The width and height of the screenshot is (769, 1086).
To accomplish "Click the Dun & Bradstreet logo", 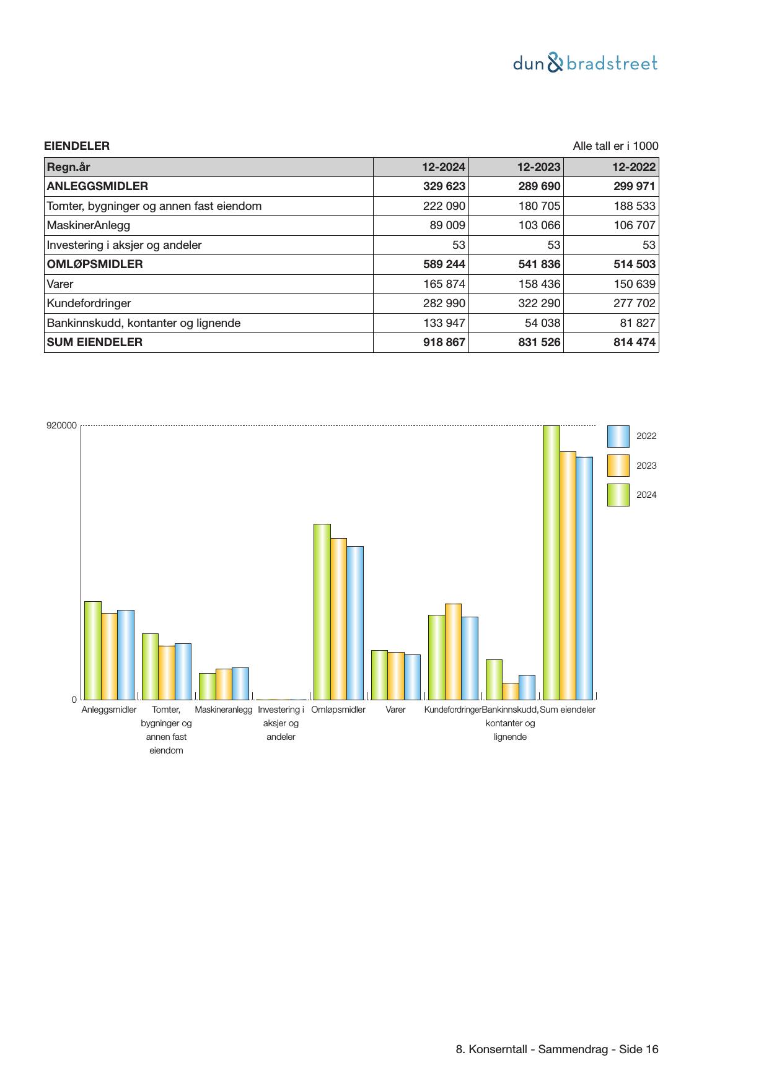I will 585,63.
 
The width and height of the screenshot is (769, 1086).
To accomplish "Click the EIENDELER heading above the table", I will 77,146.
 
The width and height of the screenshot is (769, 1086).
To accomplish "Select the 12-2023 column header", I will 538,167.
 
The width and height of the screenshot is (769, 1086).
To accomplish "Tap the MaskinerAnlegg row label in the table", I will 89,225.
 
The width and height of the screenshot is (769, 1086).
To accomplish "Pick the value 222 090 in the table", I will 444,206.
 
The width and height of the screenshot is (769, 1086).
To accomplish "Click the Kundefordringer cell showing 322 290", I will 539,303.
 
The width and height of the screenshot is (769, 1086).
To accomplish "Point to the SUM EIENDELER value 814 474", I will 635,342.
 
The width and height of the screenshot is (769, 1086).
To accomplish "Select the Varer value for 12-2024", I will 444,284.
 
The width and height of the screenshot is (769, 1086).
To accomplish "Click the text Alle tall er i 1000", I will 615,146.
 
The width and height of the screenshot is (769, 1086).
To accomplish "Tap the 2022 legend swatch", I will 618,437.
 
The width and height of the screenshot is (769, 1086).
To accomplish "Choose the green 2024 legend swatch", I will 618,495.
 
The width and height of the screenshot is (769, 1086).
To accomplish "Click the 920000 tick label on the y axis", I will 62,426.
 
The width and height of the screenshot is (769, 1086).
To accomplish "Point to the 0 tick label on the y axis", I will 74,700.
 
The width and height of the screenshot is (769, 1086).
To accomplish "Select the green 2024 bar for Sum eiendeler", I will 551,562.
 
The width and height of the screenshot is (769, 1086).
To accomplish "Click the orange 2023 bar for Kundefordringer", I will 453,651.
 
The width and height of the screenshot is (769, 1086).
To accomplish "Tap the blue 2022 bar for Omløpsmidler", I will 355,623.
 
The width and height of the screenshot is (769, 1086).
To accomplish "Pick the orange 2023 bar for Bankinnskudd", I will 511,692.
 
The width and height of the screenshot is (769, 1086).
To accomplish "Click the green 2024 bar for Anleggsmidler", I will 93,650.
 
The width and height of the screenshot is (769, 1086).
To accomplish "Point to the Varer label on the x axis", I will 395,710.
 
